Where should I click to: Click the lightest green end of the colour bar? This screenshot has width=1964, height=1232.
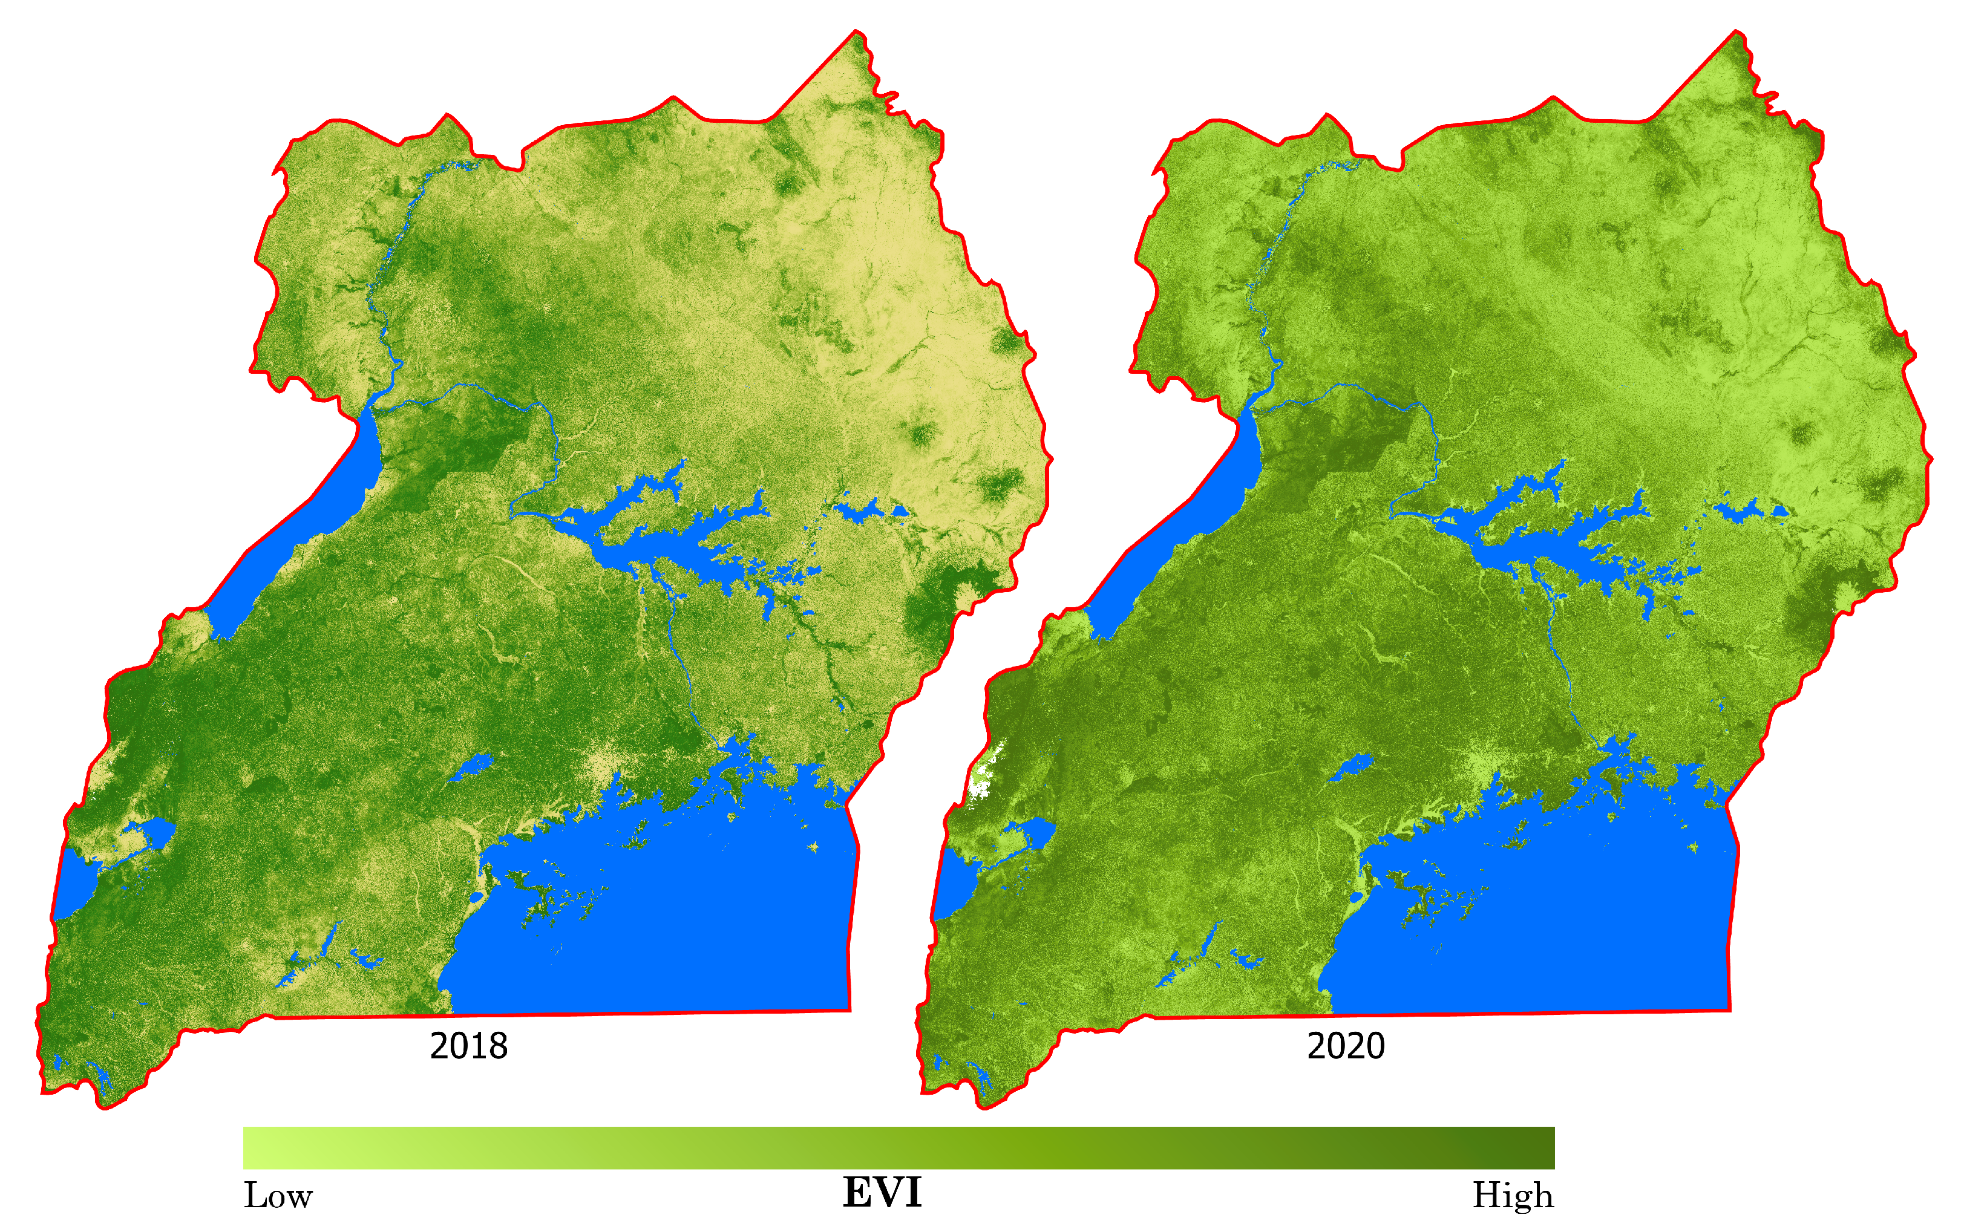(x=249, y=1148)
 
